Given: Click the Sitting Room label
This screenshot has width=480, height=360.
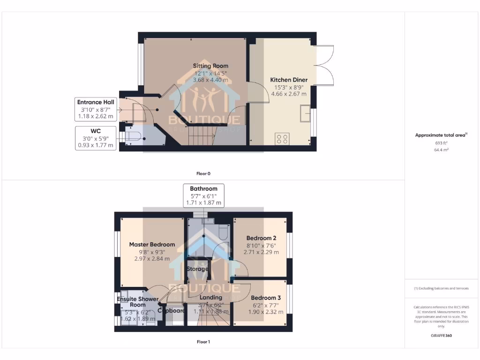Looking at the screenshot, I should click(x=210, y=66).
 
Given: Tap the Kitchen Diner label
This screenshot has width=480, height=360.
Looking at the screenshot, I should click(x=289, y=80).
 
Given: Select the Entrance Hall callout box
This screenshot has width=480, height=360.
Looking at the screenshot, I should click(x=96, y=110).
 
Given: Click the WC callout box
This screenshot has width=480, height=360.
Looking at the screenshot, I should click(x=96, y=137).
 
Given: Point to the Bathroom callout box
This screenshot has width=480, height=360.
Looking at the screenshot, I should click(x=203, y=195).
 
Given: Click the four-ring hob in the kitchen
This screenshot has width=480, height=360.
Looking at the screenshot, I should click(x=283, y=138).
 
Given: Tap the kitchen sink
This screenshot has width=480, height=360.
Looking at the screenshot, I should click(x=305, y=113).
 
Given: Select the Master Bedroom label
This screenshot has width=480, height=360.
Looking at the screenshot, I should click(x=152, y=244).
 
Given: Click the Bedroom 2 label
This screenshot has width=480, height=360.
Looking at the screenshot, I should click(x=261, y=238).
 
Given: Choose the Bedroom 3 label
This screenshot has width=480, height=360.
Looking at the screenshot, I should click(x=266, y=298).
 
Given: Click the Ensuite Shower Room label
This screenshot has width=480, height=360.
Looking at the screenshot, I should click(x=131, y=302).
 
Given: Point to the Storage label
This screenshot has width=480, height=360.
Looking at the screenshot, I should click(x=197, y=269).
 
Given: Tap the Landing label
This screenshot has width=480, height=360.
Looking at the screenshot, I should click(x=210, y=298).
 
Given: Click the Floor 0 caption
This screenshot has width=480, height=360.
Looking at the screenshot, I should click(x=203, y=173).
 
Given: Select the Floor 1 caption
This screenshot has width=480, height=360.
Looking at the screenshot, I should click(x=203, y=342).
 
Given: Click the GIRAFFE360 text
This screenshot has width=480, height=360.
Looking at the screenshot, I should click(x=441, y=336).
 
